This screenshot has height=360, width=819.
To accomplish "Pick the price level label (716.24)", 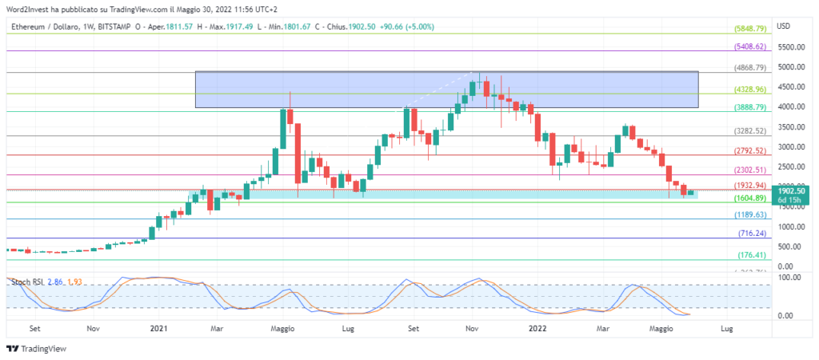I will [753, 234].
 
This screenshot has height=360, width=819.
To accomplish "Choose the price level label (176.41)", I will [753, 255].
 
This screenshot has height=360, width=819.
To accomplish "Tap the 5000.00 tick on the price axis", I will [791, 68].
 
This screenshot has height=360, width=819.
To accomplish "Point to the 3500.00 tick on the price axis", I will [791, 127].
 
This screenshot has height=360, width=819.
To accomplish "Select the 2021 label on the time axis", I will [159, 328].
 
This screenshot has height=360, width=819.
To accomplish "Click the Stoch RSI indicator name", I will [25, 282].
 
